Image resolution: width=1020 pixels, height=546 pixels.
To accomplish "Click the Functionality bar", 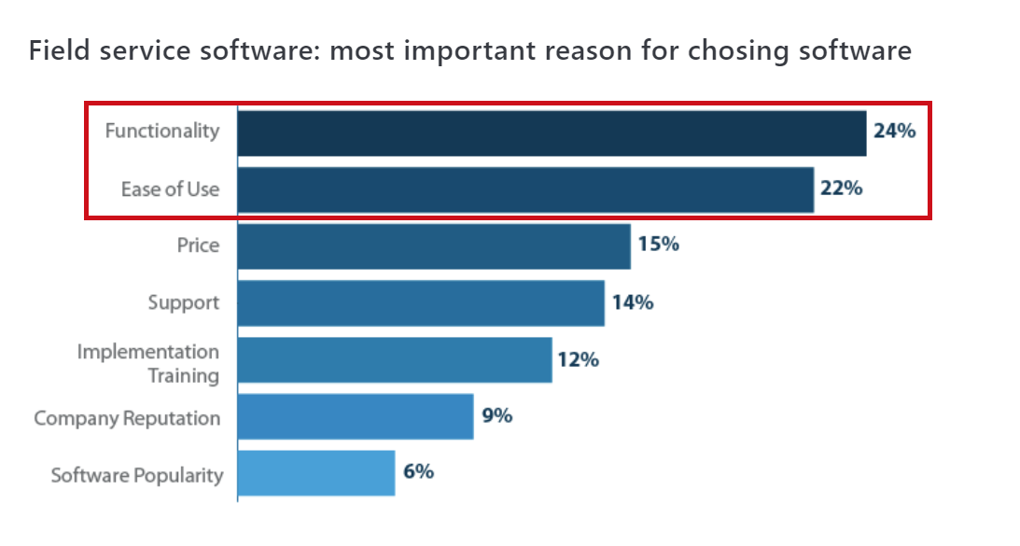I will pos(552,133).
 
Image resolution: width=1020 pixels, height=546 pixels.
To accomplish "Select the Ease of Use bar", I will pos(525,189).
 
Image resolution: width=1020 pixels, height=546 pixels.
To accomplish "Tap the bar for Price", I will pos(434,246).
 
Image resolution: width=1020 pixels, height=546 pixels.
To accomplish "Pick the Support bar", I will pos(421,303).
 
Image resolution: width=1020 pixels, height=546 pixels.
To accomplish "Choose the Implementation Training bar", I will pos(395,360).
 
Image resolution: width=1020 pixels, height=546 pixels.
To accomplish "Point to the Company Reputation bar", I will pos(356,416).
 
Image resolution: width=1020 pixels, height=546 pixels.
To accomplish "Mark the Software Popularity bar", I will pos(316,473).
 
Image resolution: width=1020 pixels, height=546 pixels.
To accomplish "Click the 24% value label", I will pos(894,131).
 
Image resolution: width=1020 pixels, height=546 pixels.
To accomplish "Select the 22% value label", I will pos(841,188).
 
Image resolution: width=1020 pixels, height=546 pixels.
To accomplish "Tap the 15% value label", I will pos(658,245).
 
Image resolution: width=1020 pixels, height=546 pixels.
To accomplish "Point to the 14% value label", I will pos(632,302).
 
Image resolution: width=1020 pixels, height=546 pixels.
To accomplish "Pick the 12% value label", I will pos(579,359).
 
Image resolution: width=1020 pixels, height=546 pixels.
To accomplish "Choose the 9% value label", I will pos(497,415).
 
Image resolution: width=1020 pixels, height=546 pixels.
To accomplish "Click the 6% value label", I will pos(418,472).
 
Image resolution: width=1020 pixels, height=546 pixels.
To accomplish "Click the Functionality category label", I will pos(162,131).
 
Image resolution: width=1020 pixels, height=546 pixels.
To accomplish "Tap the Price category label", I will pos(198,245).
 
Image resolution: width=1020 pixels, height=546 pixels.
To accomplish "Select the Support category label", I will pos(184,302).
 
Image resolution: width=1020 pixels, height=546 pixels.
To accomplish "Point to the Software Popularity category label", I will pos(137,474).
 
